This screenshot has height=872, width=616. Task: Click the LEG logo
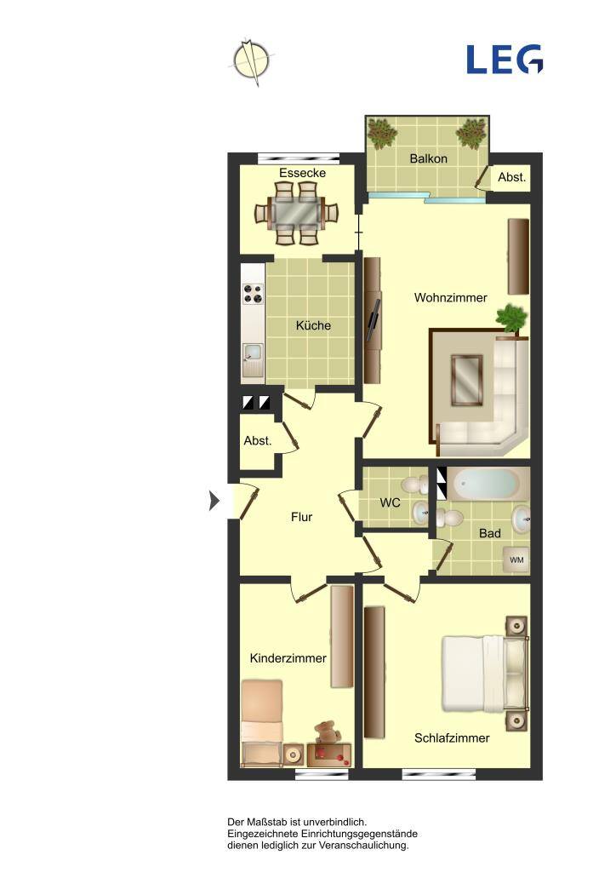coord(505,60)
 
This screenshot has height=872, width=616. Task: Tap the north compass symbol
coord(252,60)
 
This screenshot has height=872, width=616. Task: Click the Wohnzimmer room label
coord(450,297)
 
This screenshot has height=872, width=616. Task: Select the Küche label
coord(313,325)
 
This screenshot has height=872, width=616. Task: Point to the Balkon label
coord(428,158)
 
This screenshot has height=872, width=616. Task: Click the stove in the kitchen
coord(254,294)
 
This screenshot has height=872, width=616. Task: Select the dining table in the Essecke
coord(296,213)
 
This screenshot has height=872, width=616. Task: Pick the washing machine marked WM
coord(516,560)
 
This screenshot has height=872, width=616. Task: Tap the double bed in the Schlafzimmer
coord(484,674)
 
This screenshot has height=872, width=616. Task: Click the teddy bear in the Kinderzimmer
coord(326,731)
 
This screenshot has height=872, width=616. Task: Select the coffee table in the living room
coord(466,381)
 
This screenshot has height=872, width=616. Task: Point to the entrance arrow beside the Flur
coord(214,501)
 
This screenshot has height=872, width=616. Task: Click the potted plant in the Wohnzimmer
coord(511,319)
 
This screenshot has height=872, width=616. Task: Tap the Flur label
coord(301,517)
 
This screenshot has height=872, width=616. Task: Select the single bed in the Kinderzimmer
coord(261,724)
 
